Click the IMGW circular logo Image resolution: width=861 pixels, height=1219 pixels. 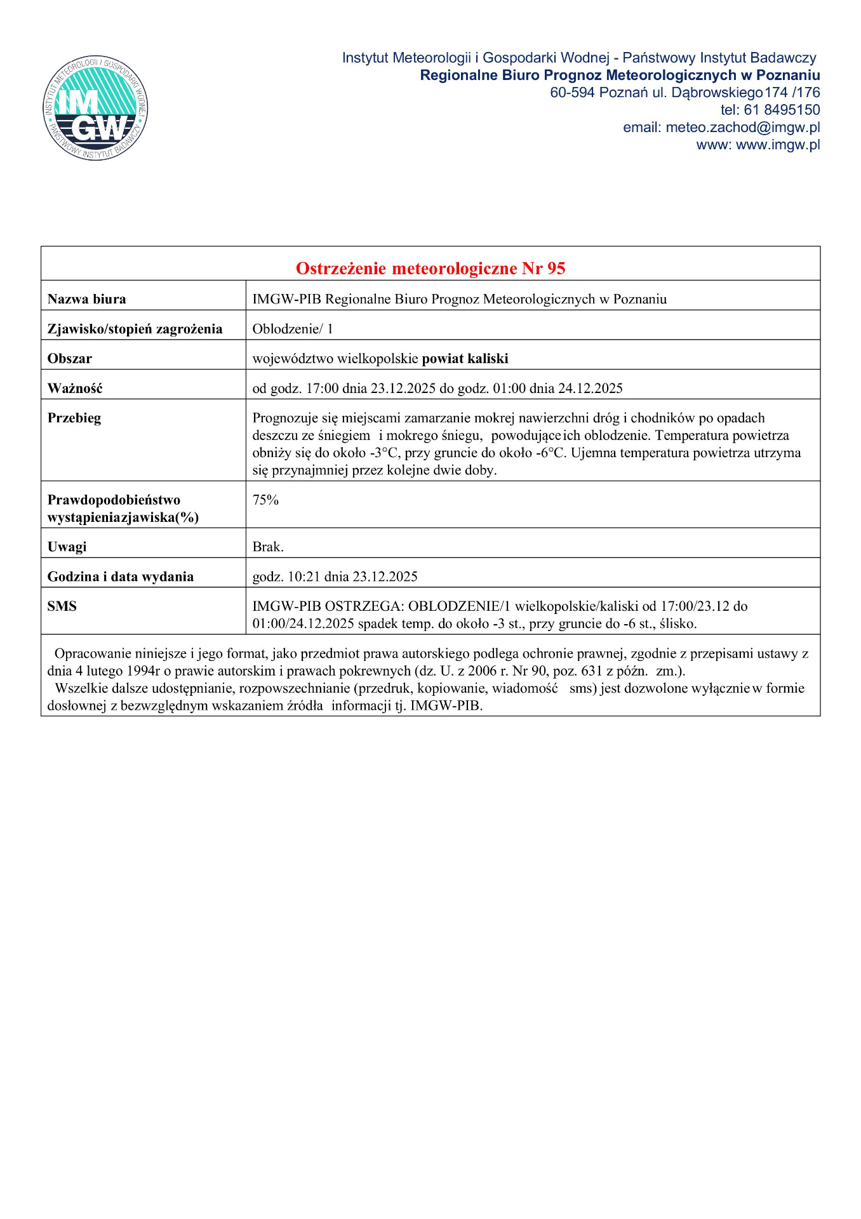coord(95,107)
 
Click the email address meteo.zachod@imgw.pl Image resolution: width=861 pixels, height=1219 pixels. coord(742,128)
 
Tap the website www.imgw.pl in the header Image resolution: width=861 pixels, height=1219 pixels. coord(778,145)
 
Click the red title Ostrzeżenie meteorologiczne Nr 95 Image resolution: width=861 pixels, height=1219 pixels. coord(431,269)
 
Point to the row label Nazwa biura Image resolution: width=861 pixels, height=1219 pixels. coord(87,299)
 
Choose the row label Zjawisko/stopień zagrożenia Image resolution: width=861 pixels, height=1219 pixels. coord(135,329)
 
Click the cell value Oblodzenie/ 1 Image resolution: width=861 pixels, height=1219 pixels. coord(293,329)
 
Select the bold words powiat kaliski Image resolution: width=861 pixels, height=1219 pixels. coord(465,359)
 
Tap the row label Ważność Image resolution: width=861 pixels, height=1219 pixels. coord(75,389)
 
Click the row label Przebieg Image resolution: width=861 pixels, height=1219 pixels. coord(74,418)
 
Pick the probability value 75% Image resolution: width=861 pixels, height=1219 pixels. coord(265,500)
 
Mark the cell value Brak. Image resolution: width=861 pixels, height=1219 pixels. coord(268,547)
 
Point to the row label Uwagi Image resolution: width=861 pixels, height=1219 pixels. coord(67,547)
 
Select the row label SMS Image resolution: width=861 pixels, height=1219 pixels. coord(62,606)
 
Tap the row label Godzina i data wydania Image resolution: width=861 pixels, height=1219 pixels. coord(121,576)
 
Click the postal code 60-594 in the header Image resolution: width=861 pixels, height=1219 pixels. coord(572,93)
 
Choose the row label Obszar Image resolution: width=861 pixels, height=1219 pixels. coord(70,359)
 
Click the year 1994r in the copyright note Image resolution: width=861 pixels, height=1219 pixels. coord(143,671)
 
